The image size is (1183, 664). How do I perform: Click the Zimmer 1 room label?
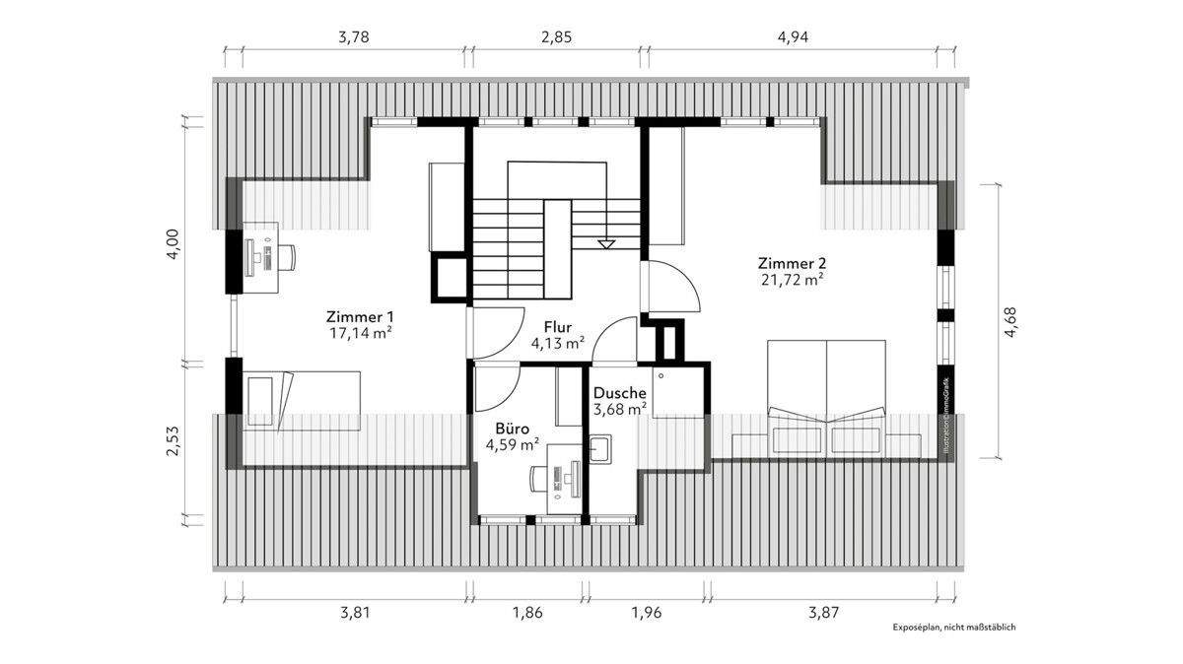pyautogui.click(x=360, y=316)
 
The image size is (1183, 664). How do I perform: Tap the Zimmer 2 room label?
pyautogui.click(x=791, y=263)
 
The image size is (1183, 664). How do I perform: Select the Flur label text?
pyautogui.click(x=558, y=326)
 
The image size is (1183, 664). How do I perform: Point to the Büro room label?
pyautogui.click(x=512, y=429)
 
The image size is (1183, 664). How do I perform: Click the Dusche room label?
pyautogui.click(x=619, y=392)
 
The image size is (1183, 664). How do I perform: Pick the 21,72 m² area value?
pyautogui.click(x=791, y=281)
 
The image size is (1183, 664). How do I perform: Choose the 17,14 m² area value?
pyautogui.click(x=360, y=334)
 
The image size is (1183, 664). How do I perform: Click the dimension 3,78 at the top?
pyautogui.click(x=354, y=38)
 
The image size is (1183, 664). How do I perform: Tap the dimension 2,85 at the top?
pyautogui.click(x=555, y=38)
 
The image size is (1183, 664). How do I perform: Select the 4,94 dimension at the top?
pyautogui.click(x=794, y=38)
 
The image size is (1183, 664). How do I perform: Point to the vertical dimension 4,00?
pyautogui.click(x=172, y=242)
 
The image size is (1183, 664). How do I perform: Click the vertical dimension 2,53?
pyautogui.click(x=172, y=441)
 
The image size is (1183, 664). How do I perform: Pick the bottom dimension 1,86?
pyautogui.click(x=527, y=612)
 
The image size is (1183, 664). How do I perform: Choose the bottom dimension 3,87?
pyautogui.click(x=823, y=612)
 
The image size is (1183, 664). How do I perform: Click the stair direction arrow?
pyautogui.click(x=606, y=242)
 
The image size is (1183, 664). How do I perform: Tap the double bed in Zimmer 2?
pyautogui.click(x=826, y=394)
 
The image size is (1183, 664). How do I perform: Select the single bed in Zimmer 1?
pyautogui.click(x=302, y=399)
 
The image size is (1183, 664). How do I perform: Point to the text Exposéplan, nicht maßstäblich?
pyautogui.click(x=953, y=627)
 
